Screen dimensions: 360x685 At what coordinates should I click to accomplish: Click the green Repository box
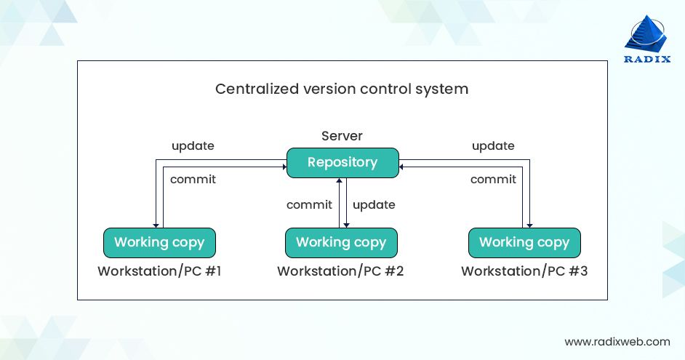pos(342,162)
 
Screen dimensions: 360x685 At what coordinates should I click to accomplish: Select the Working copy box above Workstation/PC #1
pos(159,242)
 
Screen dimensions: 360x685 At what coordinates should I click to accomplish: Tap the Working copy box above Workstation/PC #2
pos(341,242)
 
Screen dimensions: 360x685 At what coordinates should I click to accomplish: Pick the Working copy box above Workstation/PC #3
pos(524,242)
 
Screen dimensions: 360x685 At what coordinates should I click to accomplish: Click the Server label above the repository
pos(342,136)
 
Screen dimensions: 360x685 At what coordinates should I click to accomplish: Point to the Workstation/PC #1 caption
pos(160,272)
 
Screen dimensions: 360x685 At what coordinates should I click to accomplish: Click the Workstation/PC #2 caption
pos(340,272)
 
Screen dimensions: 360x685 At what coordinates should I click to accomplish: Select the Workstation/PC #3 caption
pos(524,272)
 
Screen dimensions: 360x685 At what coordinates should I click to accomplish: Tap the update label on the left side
pos(193,145)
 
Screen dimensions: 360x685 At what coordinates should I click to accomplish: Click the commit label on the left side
pos(193,179)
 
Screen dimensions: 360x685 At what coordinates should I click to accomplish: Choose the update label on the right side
pos(493,145)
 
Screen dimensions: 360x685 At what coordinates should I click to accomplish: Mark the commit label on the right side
pos(493,179)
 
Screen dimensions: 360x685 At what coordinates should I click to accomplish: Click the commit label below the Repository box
pos(309,205)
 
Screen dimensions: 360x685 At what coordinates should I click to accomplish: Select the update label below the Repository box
pos(374,205)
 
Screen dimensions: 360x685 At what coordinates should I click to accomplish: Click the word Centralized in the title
pos(252,89)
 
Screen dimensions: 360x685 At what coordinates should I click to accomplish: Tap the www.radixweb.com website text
pos(617,341)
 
